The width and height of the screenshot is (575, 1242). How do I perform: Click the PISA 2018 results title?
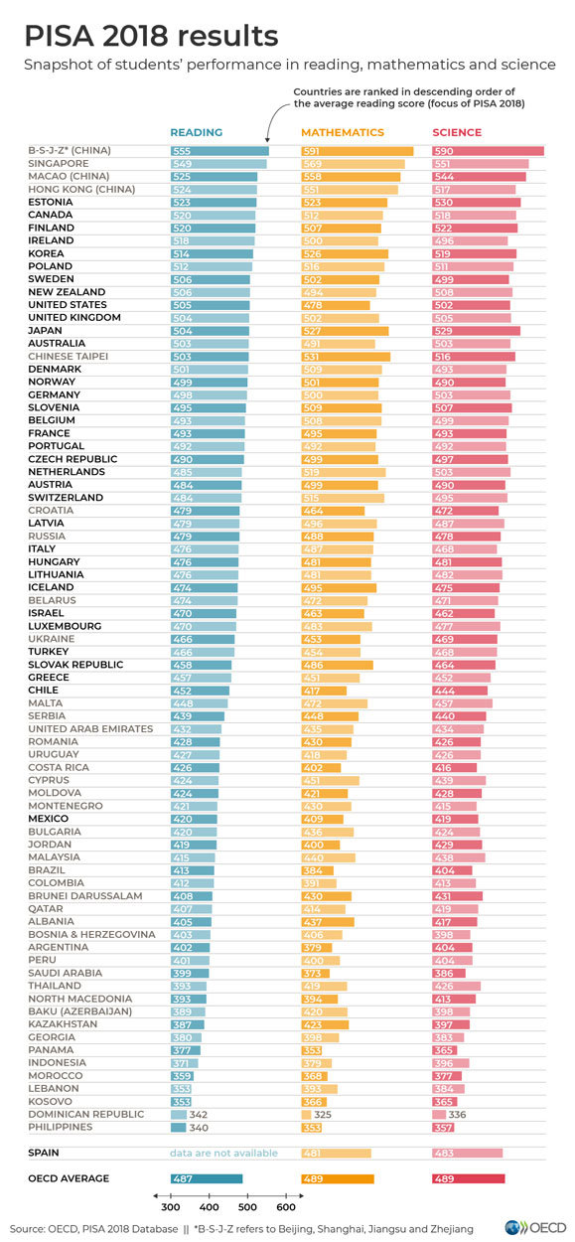click(151, 37)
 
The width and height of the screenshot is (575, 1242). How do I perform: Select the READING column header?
click(196, 132)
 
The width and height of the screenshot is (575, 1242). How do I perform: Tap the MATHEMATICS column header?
click(342, 132)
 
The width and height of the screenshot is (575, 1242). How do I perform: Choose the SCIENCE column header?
click(457, 132)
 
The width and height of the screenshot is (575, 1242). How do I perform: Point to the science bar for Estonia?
click(476, 202)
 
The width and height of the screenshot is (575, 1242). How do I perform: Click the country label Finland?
click(51, 228)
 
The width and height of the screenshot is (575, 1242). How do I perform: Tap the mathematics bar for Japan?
click(344, 331)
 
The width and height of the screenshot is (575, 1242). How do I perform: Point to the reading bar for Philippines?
click(178, 1128)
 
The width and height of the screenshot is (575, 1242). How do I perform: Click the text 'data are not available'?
click(223, 1154)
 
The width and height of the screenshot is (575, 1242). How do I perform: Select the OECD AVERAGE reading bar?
click(207, 1179)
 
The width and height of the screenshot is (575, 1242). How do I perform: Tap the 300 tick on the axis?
click(171, 1207)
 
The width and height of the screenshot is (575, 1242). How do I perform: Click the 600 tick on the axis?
click(285, 1207)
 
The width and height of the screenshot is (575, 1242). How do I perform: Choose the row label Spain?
click(44, 1154)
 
